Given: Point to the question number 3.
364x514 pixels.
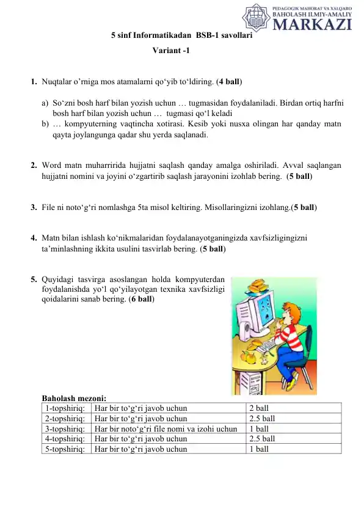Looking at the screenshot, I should point(34,208).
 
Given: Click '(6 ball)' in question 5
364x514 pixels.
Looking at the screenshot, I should point(141,300).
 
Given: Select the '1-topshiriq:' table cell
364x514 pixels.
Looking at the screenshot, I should point(65,408).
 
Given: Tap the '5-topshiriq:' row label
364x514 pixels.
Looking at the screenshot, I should point(65,449).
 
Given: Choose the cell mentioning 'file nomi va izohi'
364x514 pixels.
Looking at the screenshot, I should point(166,429).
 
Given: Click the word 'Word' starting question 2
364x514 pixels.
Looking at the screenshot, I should point(52,165).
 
